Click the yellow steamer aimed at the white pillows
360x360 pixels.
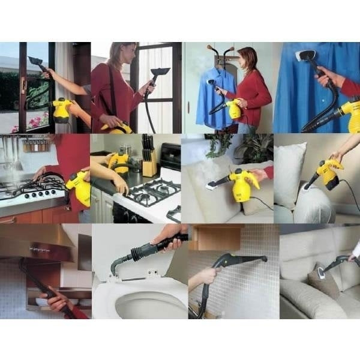[329, 174]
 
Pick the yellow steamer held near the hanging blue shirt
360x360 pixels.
[233, 109]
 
